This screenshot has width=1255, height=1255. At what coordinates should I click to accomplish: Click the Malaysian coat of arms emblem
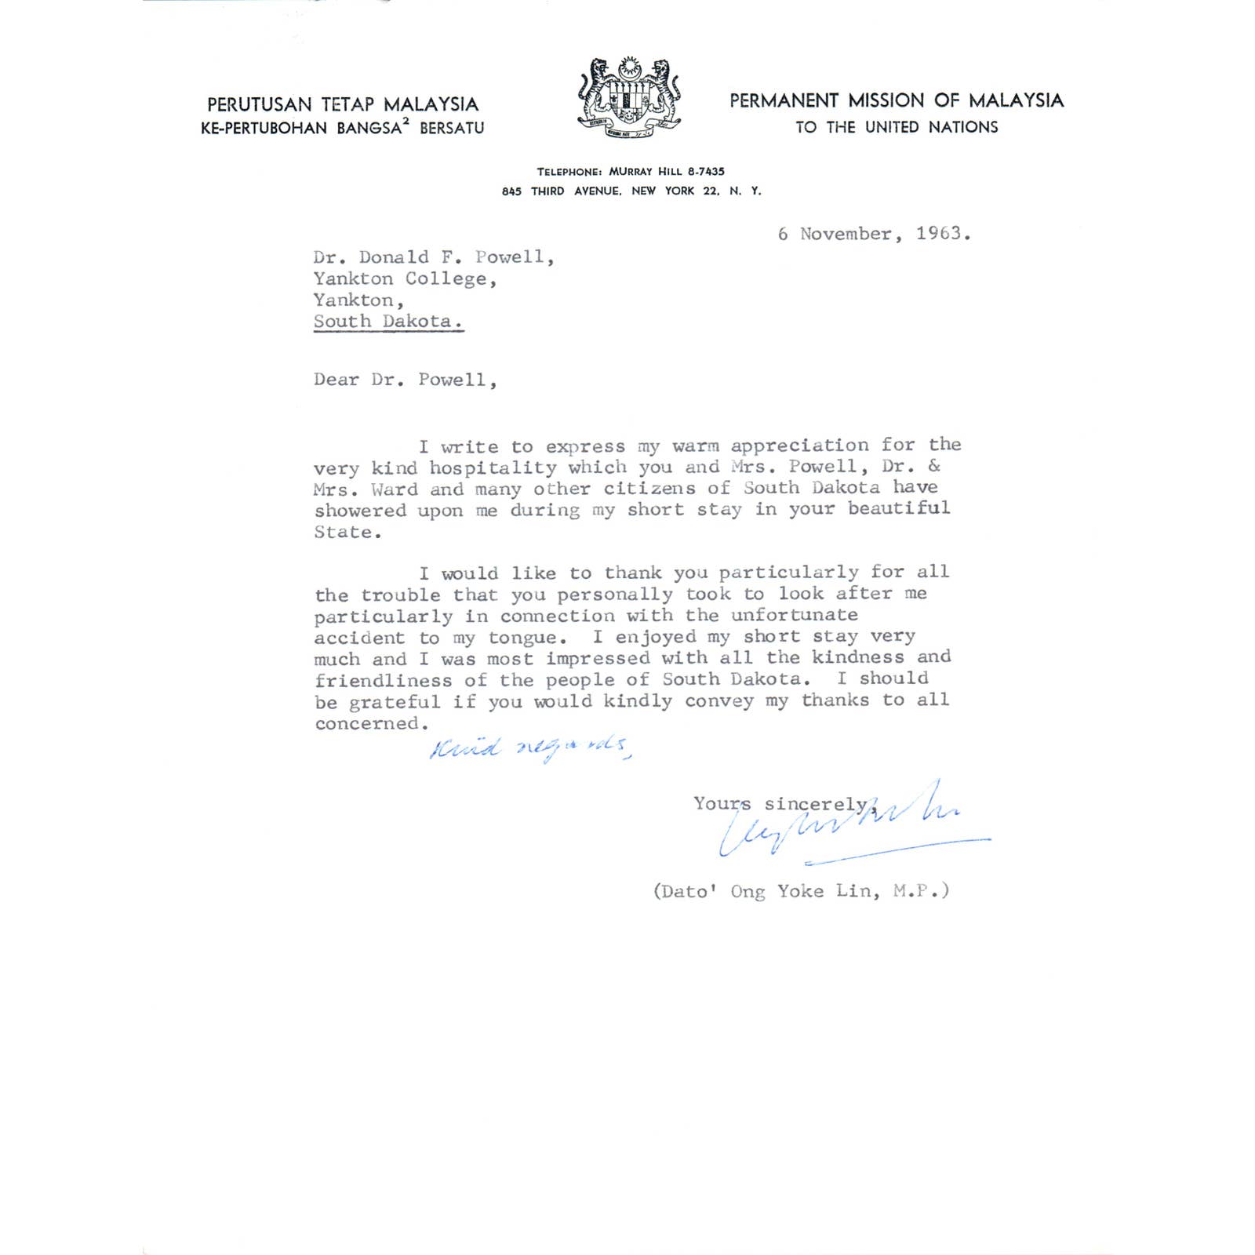pos(629,97)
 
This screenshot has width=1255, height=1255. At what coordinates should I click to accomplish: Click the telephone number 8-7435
pos(706,171)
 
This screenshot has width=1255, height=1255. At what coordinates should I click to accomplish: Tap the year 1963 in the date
pos(939,233)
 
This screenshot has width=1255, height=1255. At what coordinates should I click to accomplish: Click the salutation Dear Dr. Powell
pos(405,380)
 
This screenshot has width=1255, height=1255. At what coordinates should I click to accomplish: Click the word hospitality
pos(493,467)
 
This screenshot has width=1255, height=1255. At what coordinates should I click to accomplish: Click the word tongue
pos(522,638)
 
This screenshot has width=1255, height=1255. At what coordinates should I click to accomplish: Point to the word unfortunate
pos(794,615)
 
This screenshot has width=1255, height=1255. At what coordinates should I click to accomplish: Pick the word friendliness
pos(383,680)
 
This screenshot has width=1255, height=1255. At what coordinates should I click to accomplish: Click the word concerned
pos(367,723)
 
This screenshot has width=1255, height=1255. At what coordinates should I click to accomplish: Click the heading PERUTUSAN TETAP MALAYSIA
pos(343,104)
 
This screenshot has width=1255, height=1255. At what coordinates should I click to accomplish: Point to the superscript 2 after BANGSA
pos(406,122)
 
